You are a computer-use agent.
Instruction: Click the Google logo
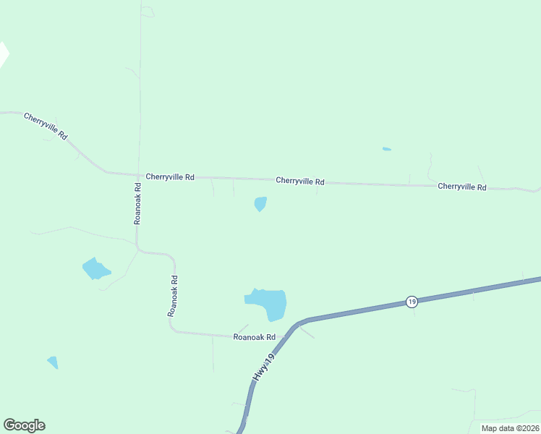(24, 425)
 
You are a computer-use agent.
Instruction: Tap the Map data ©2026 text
(511, 428)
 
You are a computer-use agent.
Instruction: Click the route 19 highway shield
(412, 302)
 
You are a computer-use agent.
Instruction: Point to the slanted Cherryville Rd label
(46, 126)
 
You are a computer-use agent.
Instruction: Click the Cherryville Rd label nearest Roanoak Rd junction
(170, 176)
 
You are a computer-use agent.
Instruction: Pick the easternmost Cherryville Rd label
(462, 187)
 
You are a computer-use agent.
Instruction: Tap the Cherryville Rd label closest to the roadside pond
(300, 181)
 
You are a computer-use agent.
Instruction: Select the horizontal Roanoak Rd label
(255, 337)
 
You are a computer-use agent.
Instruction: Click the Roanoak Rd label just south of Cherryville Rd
(137, 203)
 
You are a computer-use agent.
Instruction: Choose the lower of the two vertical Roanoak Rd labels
(173, 295)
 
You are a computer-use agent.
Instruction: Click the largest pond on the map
(270, 304)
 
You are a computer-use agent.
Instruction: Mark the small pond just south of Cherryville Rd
(260, 204)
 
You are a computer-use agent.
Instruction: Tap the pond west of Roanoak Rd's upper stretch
(95, 269)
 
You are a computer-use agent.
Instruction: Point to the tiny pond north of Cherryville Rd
(387, 149)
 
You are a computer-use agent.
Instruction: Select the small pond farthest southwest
(52, 362)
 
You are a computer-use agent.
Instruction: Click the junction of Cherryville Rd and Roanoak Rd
(138, 175)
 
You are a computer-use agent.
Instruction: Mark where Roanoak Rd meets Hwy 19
(296, 326)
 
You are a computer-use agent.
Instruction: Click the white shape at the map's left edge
(3, 55)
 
